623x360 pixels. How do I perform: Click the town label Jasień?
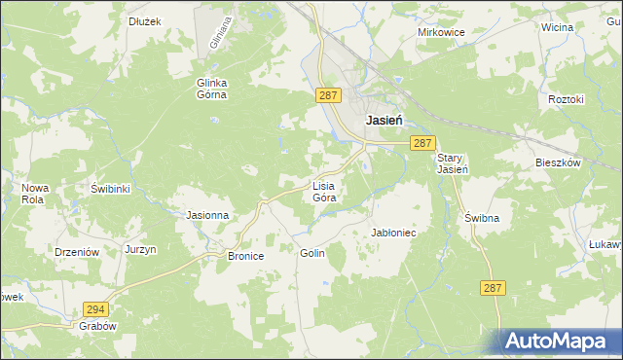click(x=386, y=122)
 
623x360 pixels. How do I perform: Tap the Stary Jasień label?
click(x=453, y=163)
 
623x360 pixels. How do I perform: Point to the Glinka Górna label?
click(x=211, y=89)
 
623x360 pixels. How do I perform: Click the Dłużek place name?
click(x=145, y=19)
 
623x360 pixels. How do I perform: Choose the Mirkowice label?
click(x=441, y=32)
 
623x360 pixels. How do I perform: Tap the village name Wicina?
click(x=558, y=27)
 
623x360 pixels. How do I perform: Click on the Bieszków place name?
click(x=558, y=162)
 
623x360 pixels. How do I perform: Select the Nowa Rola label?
click(x=35, y=193)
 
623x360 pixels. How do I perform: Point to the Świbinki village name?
click(x=110, y=188)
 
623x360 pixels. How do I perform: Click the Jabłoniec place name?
click(x=394, y=234)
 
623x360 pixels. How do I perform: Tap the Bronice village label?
click(x=246, y=257)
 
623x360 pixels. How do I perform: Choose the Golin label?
click(x=311, y=252)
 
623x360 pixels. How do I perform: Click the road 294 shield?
click(x=94, y=306)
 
